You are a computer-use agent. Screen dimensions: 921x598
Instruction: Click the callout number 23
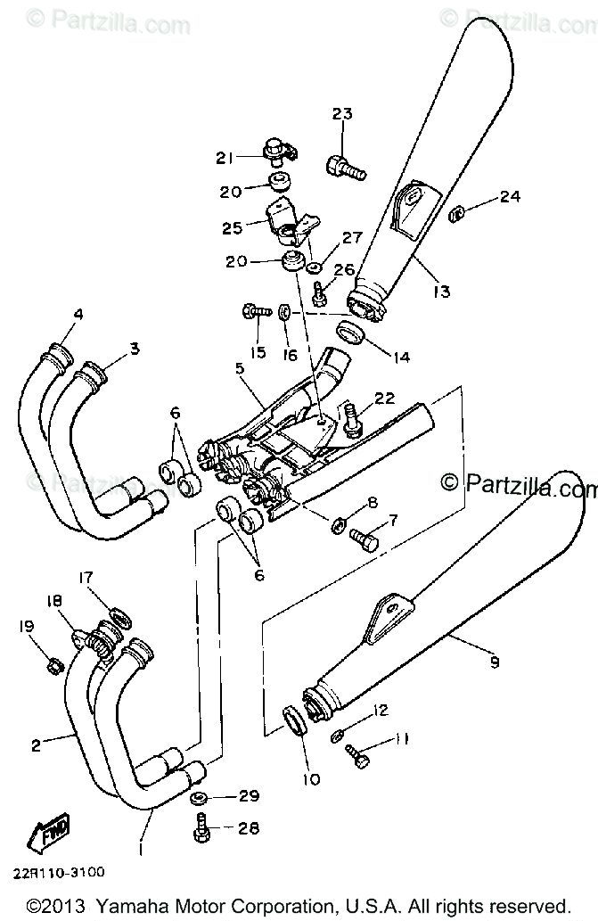click(342, 113)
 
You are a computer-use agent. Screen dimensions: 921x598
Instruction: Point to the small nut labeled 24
click(455, 212)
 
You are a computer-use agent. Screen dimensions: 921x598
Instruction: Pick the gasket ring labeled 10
click(296, 720)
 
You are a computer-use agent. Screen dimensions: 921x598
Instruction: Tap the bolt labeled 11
click(359, 756)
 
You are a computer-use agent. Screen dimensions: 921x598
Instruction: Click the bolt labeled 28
click(199, 827)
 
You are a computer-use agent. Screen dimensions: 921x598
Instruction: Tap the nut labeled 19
click(53, 663)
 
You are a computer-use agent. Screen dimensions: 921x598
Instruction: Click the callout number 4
click(78, 314)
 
